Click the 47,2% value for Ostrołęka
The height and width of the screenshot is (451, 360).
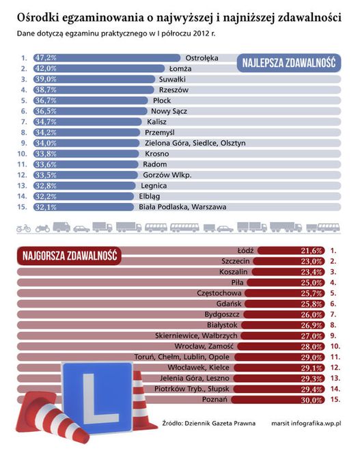click(46, 58)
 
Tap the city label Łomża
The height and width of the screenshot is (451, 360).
click(180, 69)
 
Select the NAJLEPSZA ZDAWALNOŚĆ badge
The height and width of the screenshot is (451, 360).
click(289, 63)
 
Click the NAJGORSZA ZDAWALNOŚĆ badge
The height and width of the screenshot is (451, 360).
click(69, 256)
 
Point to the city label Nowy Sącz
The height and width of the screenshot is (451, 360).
click(169, 111)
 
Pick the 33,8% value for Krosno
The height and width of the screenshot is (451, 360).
click(46, 154)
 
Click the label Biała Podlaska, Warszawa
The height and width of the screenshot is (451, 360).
click(182, 207)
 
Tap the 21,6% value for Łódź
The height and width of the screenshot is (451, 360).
click(311, 251)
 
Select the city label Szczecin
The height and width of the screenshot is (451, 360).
click(236, 262)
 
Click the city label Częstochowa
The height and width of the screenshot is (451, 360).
click(219, 293)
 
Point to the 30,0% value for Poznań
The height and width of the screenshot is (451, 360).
click(311, 400)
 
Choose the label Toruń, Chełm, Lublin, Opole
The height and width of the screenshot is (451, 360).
click(182, 357)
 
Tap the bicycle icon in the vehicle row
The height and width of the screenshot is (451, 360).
click(24, 228)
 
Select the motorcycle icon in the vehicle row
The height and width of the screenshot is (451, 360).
click(42, 229)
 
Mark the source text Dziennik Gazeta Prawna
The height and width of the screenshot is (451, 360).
click(220, 424)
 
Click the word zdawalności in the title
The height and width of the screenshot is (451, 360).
click(310, 18)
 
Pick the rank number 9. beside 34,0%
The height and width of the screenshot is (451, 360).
click(24, 143)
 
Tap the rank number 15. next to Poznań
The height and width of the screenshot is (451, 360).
click(335, 400)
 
